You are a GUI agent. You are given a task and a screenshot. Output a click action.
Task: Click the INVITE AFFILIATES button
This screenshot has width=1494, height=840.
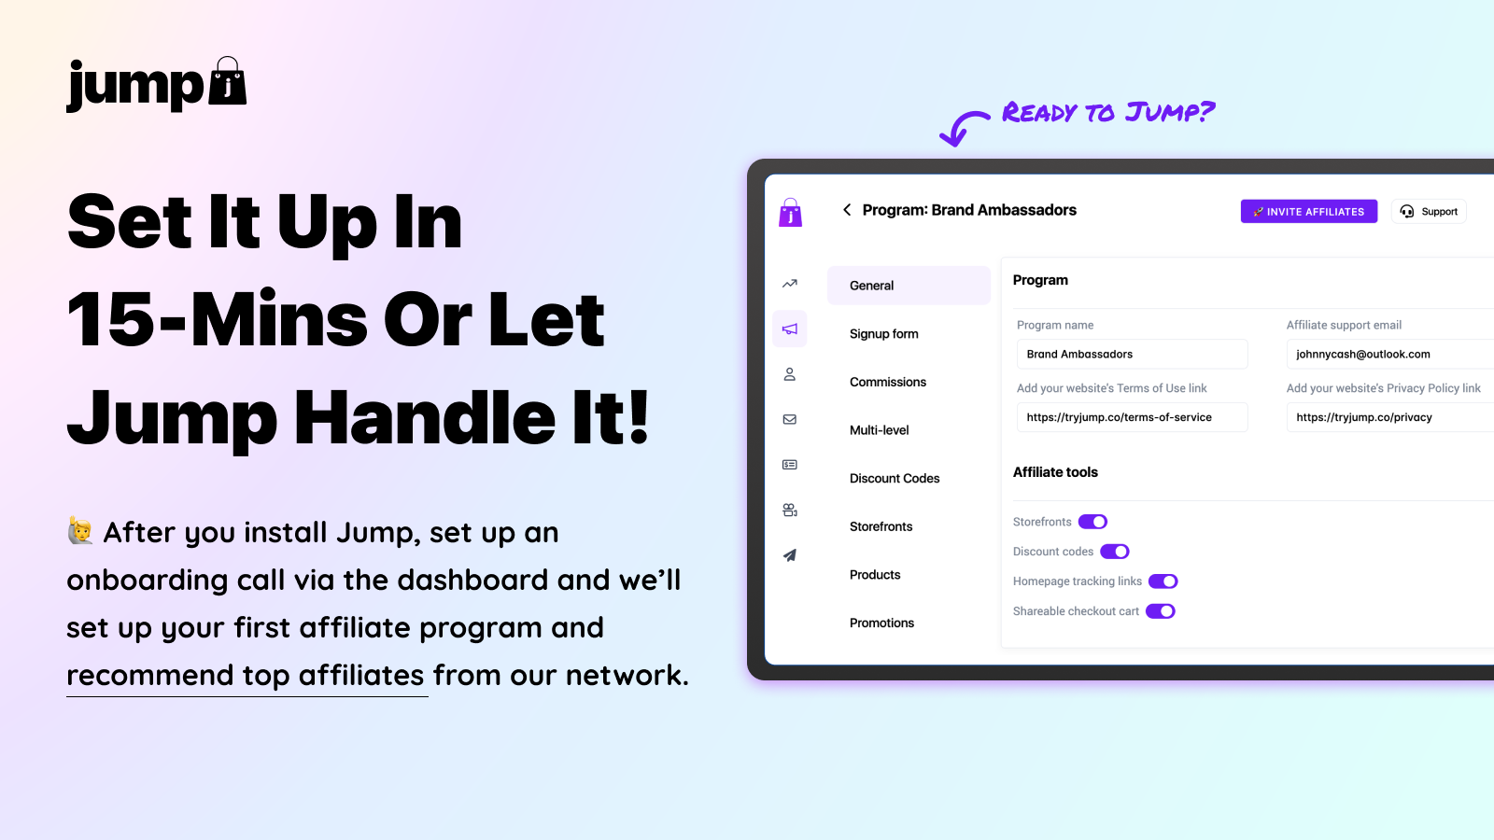(x=1308, y=211)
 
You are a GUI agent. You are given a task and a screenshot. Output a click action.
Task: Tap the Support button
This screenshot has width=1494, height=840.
(x=1429, y=211)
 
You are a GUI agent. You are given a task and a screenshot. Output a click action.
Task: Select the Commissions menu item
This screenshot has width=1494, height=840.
(x=888, y=382)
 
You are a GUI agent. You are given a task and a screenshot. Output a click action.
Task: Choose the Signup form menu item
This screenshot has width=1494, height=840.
(x=883, y=334)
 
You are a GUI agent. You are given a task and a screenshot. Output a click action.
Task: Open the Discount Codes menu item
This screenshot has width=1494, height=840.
(x=895, y=478)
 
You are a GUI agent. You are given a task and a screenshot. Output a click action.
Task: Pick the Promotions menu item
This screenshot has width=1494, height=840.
(x=881, y=623)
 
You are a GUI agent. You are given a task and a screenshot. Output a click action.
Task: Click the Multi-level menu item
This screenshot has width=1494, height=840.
(x=879, y=430)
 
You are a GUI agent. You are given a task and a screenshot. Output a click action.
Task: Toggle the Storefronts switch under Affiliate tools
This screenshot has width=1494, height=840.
(x=1092, y=522)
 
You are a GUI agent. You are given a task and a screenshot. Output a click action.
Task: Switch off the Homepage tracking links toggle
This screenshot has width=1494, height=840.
(x=1163, y=581)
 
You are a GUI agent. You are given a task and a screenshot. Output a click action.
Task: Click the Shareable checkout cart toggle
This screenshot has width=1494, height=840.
(x=1160, y=611)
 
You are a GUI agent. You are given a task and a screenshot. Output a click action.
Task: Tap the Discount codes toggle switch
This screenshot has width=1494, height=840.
(x=1115, y=552)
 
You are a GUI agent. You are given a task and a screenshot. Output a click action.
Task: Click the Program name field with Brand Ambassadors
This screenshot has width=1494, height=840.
(x=1132, y=354)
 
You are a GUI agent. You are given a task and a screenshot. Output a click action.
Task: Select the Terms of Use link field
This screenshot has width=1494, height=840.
(x=1132, y=417)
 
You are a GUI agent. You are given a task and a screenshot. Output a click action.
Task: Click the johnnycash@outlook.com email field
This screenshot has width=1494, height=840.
(x=1390, y=354)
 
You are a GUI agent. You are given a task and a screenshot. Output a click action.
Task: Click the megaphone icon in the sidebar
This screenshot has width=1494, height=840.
(x=790, y=329)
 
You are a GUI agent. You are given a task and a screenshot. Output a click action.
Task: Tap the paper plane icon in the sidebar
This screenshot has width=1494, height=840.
(x=790, y=555)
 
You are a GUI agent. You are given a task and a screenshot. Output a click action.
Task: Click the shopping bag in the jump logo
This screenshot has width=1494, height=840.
(x=228, y=81)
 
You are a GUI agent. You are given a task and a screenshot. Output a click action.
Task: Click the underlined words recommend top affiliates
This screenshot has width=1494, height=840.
(x=246, y=676)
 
